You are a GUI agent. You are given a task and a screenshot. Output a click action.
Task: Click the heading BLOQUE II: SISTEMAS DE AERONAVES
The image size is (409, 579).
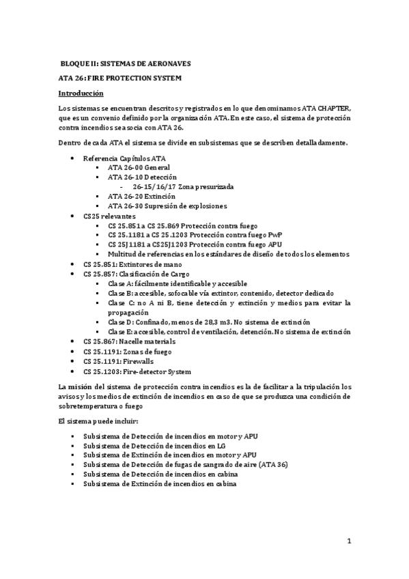click(125, 63)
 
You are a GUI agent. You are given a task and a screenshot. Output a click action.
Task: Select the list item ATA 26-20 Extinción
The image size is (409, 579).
click(141, 196)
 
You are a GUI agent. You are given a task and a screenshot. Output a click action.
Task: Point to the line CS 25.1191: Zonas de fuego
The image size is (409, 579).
click(125, 350)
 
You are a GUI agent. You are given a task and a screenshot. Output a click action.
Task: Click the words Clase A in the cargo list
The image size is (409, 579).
click(120, 283)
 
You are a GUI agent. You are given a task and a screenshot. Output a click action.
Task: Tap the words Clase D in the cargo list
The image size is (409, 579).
click(120, 322)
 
